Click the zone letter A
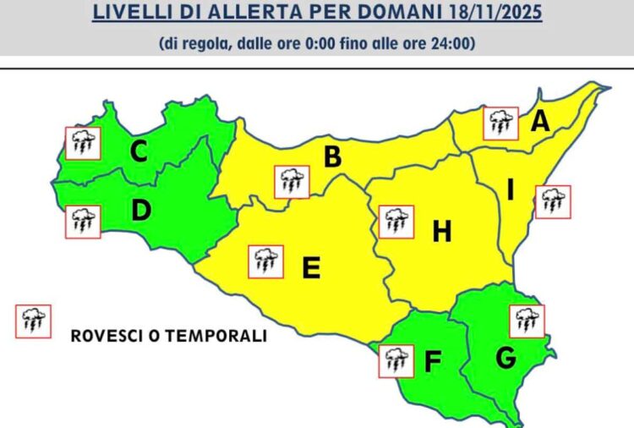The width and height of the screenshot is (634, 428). [539, 122]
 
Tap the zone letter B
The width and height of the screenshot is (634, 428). [333, 156]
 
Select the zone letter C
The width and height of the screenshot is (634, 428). [139, 151]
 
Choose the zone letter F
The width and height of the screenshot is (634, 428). [432, 362]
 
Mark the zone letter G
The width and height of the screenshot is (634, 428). [506, 359]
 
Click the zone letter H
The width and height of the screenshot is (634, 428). [442, 231]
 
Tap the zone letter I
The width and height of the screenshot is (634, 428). [510, 191]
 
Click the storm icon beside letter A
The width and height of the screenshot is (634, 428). [500, 123]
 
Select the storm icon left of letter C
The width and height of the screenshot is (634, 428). [83, 144]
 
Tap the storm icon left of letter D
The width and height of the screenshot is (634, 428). [83, 222]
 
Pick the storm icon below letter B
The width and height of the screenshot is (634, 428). [292, 182]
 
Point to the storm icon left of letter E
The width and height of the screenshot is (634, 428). [265, 261]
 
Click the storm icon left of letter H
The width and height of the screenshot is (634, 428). [396, 222]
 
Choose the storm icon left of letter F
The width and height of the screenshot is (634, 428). [395, 360]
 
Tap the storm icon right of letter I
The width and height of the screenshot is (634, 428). [553, 201]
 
